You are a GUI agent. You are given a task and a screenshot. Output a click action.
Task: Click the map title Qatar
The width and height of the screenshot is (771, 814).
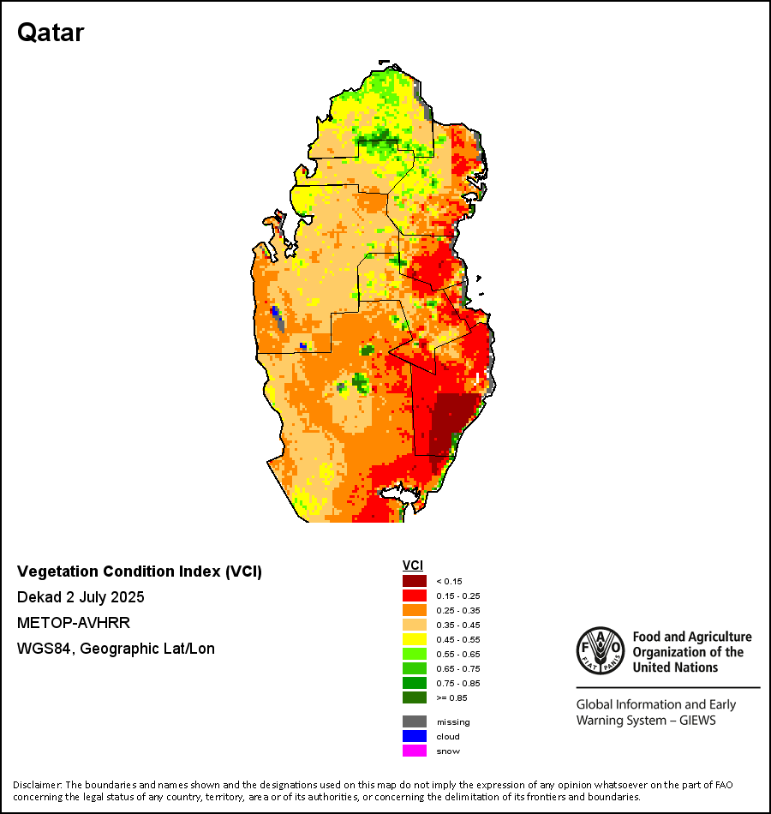(51, 33)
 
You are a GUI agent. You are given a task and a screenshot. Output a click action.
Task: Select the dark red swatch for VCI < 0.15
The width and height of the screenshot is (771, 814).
(415, 581)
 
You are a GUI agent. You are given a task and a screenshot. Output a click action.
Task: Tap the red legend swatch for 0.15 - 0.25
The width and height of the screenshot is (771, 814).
(415, 596)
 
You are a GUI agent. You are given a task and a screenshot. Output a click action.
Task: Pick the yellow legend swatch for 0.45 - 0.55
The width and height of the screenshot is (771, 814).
(415, 639)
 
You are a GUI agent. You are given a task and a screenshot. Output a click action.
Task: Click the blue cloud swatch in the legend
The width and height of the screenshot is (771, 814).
(415, 736)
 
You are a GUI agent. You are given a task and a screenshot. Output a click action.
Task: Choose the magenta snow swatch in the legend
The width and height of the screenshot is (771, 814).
(415, 751)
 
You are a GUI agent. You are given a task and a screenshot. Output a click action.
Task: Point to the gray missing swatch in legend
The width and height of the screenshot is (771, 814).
(415, 721)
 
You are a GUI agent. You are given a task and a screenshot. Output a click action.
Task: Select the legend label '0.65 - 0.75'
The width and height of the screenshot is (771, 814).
(456, 668)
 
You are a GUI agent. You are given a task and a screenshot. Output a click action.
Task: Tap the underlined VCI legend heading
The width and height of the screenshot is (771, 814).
(412, 566)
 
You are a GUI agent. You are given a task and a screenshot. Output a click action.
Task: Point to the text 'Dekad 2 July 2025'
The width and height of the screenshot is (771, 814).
(81, 597)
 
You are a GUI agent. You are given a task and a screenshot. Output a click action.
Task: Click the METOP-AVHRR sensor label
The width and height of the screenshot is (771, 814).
(74, 623)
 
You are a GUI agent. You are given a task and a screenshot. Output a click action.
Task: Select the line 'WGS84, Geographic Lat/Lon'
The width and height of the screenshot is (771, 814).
(116, 649)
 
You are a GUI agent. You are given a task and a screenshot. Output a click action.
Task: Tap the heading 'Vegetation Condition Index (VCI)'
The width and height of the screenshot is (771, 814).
(140, 572)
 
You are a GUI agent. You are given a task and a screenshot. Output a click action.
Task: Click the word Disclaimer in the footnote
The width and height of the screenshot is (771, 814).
(37, 785)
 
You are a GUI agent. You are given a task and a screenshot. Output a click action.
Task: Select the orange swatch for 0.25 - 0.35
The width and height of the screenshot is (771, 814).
(415, 610)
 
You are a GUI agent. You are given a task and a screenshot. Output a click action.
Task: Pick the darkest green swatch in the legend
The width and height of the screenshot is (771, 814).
(415, 697)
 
